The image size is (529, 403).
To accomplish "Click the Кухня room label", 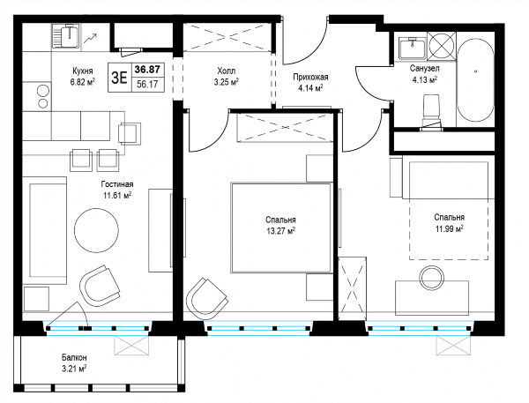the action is [x=83, y=71].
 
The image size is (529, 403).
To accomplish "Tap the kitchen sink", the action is [x=67, y=37].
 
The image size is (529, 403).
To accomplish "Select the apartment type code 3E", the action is [x=120, y=78].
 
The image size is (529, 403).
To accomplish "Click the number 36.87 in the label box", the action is [x=147, y=70].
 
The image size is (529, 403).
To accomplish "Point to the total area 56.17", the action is [x=147, y=84].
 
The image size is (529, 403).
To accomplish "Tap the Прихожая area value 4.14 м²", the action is [x=310, y=88].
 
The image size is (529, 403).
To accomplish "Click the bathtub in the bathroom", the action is [x=475, y=80].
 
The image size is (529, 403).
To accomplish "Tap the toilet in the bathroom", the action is [x=431, y=109].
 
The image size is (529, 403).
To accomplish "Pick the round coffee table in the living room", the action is [x=96, y=230].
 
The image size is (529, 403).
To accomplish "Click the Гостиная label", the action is [x=117, y=184].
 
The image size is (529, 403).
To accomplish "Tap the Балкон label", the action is [x=74, y=357].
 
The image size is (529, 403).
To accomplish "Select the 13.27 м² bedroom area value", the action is [x=280, y=231].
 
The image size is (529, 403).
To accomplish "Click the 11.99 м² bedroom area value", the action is [x=449, y=229].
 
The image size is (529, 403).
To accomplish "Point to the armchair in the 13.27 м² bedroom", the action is [x=207, y=298].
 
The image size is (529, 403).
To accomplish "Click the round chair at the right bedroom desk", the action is [x=431, y=279].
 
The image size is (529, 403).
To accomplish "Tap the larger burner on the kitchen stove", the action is [x=43, y=91].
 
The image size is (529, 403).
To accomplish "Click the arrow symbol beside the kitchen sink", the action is [x=91, y=39].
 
